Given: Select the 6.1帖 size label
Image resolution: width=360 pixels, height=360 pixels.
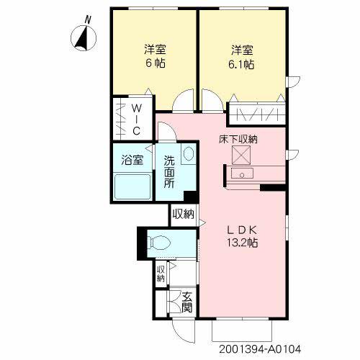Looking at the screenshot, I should point(241,63).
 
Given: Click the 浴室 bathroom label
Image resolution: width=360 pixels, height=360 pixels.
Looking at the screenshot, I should point(131,160).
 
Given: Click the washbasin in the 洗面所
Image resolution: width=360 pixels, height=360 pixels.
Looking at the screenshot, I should point(187,154).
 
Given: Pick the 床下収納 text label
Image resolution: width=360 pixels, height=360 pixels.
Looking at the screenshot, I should point(238,138).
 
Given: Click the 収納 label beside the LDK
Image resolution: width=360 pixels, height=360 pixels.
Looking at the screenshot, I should point(184,214).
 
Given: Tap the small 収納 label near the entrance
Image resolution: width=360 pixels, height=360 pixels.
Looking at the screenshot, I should point(161,274).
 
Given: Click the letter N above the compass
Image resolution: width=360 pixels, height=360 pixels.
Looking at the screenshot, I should point(88,19).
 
